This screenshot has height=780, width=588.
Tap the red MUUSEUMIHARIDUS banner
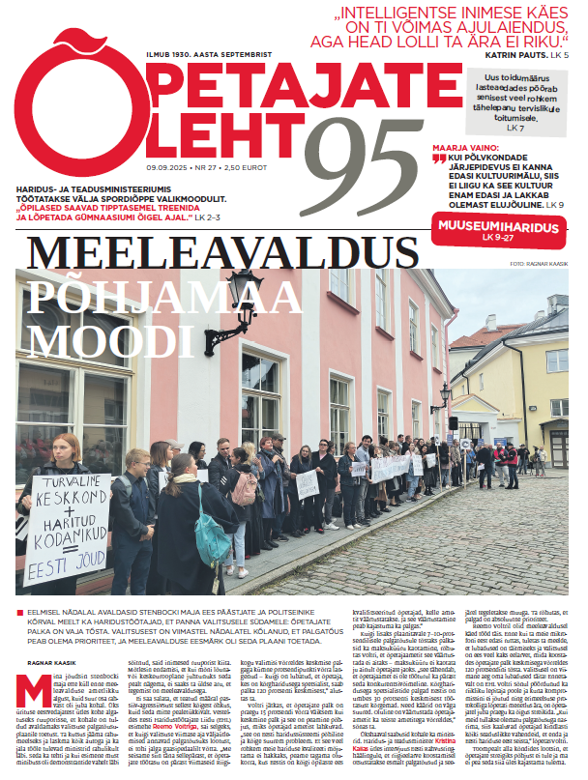coord(493,228)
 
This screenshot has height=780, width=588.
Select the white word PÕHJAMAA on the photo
coord(125,295)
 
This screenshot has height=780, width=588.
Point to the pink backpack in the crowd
coord(245,488)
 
